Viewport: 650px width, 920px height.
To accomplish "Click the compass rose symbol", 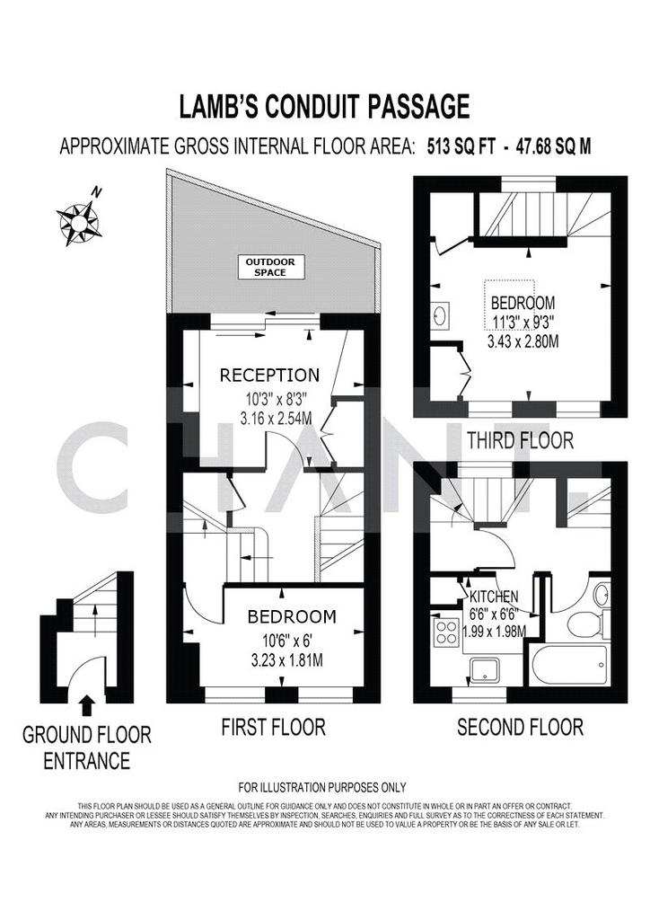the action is click(78, 222).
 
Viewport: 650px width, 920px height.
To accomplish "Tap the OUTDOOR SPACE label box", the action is click(270, 268).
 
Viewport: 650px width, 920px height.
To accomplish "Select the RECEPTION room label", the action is click(269, 375).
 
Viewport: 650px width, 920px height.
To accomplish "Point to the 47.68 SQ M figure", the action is click(553, 146).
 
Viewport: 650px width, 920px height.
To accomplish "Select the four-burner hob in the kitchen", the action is click(446, 632).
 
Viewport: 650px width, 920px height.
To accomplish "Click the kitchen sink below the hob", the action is click(485, 670).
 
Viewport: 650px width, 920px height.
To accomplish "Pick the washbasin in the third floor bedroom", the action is click(440, 315).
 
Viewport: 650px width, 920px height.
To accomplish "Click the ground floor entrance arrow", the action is click(87, 705).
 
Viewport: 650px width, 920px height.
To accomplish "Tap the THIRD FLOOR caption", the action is click(520, 440).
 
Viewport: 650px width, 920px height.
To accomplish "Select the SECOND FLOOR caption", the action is click(520, 728).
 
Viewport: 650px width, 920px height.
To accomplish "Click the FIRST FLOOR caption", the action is click(273, 728).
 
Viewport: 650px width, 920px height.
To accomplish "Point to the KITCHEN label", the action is click(494, 597).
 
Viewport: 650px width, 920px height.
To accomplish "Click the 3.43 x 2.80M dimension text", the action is click(523, 341).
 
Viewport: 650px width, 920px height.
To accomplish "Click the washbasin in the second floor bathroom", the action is click(602, 597).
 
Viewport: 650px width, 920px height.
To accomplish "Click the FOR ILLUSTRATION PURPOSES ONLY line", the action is click(322, 787).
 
